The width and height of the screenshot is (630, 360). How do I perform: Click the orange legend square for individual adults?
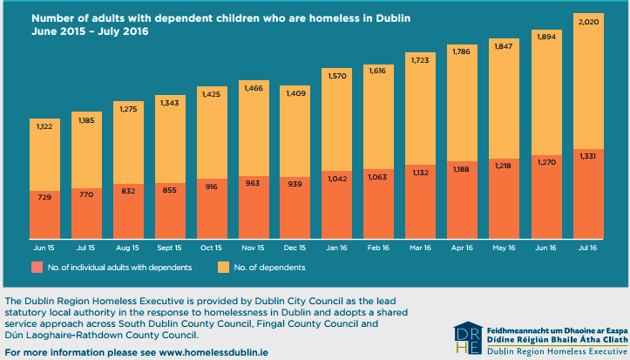(x=37, y=267)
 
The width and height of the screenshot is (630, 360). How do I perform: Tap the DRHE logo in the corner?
(x=466, y=338)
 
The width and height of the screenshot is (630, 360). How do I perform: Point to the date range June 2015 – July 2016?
(x=85, y=32)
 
